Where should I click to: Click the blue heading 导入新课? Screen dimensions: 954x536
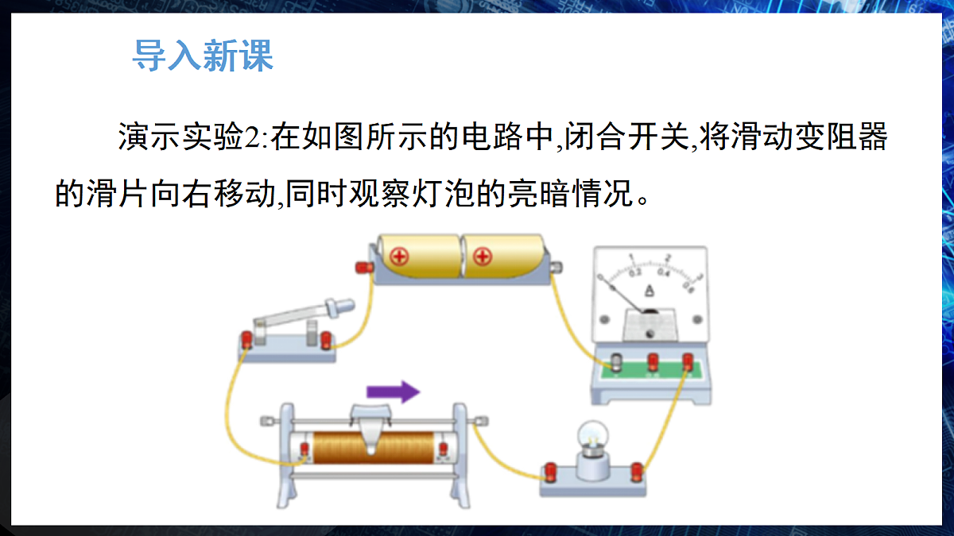click(x=203, y=56)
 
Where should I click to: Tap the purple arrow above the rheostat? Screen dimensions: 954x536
click(x=393, y=391)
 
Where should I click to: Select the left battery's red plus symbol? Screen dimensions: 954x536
click(x=399, y=257)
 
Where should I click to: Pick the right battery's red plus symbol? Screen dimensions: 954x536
click(x=483, y=257)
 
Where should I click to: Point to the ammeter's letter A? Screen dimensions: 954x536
click(x=649, y=291)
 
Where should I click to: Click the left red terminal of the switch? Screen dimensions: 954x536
click(x=246, y=340)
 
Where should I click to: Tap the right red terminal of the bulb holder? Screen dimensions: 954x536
click(x=637, y=472)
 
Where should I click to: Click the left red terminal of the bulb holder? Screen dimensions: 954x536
click(x=550, y=472)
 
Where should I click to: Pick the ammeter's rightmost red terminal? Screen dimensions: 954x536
click(x=688, y=361)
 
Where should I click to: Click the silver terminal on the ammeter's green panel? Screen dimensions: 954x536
click(x=616, y=362)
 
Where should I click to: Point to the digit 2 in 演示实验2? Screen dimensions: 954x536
click(x=251, y=137)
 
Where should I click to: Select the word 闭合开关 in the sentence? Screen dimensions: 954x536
click(x=627, y=137)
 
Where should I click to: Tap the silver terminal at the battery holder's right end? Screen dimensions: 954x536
click(x=556, y=267)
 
